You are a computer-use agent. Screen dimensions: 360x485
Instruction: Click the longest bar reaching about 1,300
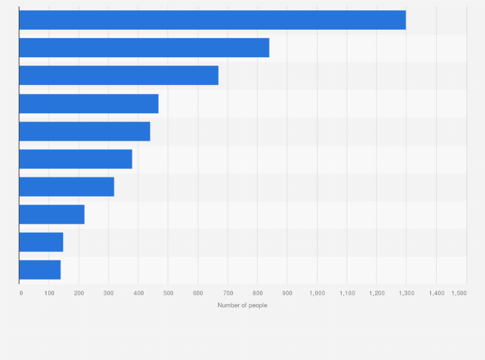(212, 20)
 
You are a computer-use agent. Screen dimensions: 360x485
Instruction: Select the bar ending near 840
(144, 48)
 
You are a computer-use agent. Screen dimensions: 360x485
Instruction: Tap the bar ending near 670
(119, 75)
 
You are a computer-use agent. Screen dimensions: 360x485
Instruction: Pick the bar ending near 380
(75, 159)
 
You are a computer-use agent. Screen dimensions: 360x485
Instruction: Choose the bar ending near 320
(66, 186)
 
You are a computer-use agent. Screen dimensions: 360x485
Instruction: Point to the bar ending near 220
(51, 214)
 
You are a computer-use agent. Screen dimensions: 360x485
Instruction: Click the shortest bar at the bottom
(40, 269)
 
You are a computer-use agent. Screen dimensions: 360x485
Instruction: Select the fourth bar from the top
(89, 104)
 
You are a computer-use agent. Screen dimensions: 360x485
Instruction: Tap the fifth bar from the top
(84, 131)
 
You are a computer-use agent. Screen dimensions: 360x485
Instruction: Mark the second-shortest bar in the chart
(41, 242)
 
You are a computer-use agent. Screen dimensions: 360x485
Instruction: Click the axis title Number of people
(243, 305)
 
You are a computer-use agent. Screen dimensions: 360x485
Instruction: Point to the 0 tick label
(21, 293)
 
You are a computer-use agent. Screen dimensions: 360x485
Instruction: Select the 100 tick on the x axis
(50, 293)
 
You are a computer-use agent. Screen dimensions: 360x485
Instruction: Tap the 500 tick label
(169, 293)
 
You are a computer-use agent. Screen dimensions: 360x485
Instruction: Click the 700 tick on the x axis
(228, 293)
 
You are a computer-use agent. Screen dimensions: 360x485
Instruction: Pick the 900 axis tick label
(288, 293)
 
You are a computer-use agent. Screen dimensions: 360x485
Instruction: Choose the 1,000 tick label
(317, 293)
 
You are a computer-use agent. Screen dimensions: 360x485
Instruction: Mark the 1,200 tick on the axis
(376, 293)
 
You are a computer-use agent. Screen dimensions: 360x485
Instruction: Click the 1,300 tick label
(406, 293)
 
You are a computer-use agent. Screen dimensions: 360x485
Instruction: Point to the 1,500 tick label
(459, 293)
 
